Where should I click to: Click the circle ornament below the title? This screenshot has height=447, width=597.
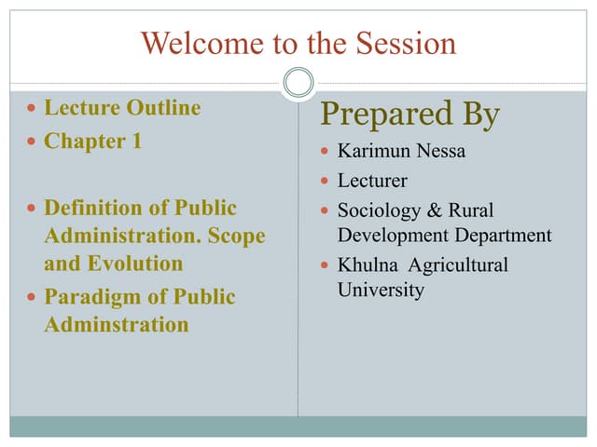click(x=298, y=83)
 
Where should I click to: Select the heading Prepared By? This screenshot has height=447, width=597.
click(x=410, y=115)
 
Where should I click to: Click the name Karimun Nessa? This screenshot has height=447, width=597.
click(x=401, y=151)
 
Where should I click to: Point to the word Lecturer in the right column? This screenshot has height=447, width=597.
click(x=372, y=181)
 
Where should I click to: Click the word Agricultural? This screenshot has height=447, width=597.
click(x=460, y=265)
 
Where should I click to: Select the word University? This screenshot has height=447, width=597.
click(x=381, y=290)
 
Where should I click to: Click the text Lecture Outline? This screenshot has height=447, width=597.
click(x=122, y=108)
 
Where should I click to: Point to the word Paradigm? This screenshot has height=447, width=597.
click(x=92, y=297)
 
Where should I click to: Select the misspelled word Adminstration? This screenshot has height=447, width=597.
click(x=117, y=325)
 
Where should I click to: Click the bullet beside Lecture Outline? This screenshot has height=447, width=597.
click(x=33, y=109)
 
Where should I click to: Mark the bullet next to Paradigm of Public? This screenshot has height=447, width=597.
click(x=33, y=298)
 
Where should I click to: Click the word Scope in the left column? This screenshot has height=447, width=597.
click(x=234, y=236)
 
